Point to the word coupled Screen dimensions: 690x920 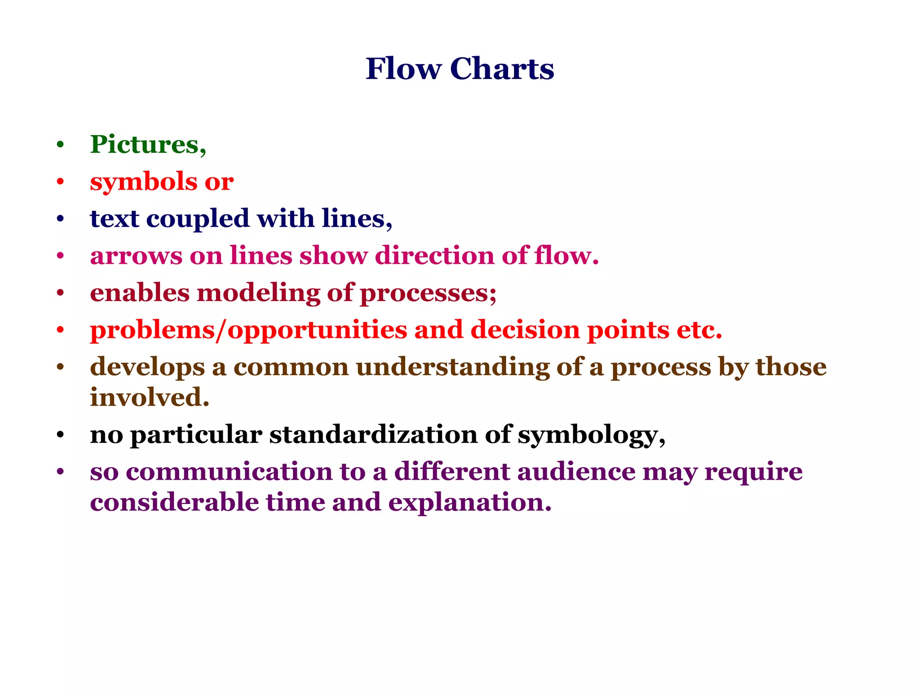click(x=198, y=219)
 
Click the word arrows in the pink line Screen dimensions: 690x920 click(x=136, y=256)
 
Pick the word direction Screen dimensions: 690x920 click(x=434, y=256)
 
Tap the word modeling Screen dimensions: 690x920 click(x=258, y=293)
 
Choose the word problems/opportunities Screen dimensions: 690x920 click(x=248, y=330)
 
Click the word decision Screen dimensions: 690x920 click(x=525, y=330)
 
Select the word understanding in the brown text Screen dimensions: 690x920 click(x=453, y=367)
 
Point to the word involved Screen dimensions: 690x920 click(x=150, y=397)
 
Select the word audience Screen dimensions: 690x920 click(x=576, y=472)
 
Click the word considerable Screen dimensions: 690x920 click(x=174, y=502)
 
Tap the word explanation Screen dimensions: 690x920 click(x=469, y=503)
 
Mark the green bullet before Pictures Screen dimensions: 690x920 click(x=61, y=145)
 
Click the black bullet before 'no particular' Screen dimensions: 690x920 click(x=61, y=435)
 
